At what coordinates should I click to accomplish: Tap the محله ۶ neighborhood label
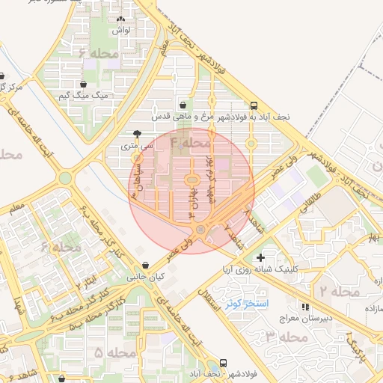coord(99,54)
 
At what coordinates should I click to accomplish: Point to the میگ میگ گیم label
coord(84,96)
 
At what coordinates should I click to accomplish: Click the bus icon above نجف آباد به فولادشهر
coord(254,105)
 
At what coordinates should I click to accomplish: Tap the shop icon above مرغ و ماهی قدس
coord(183,105)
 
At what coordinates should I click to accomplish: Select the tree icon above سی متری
coord(136,134)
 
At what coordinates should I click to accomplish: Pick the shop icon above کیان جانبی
coord(145,265)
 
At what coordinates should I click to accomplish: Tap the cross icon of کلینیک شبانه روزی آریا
coord(260,257)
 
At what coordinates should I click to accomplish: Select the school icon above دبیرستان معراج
coord(304,307)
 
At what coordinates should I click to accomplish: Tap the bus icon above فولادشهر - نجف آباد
coord(223,362)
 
